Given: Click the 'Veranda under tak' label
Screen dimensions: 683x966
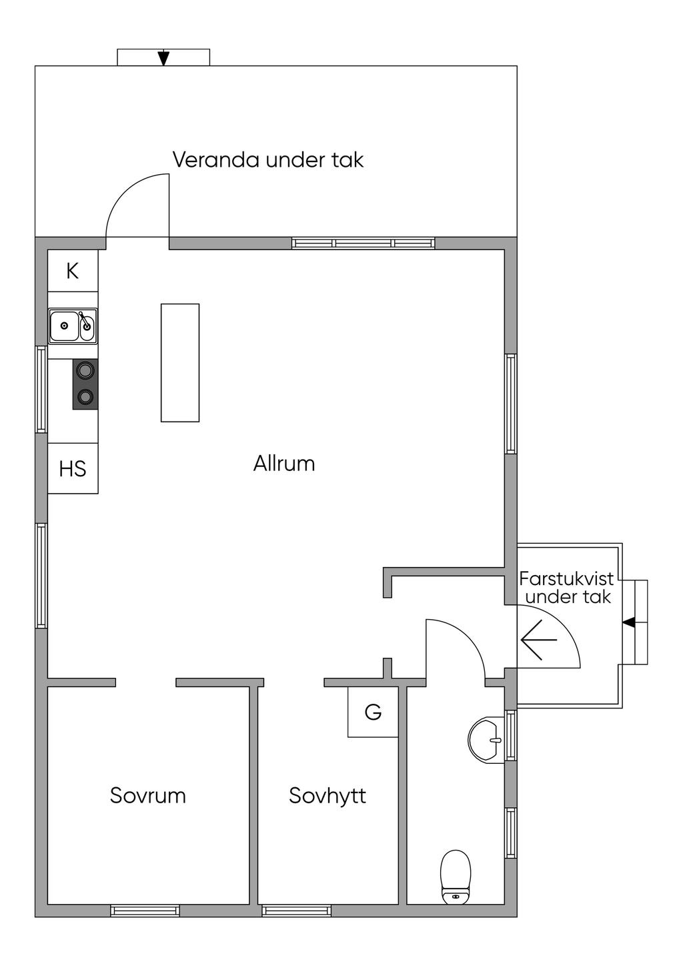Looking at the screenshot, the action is (x=267, y=159).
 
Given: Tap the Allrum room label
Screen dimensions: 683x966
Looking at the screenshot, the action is (x=284, y=464).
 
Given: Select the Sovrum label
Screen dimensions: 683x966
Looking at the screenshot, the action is (x=148, y=796).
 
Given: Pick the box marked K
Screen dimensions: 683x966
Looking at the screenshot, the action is (x=73, y=270).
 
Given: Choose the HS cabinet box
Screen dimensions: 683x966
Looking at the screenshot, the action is (x=73, y=468).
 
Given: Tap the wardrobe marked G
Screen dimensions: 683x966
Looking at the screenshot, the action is (x=373, y=712).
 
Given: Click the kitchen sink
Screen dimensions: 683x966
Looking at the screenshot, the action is (x=73, y=326).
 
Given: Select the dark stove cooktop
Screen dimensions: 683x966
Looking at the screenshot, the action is (x=85, y=384).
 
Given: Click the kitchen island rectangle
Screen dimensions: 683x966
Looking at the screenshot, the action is (x=180, y=363).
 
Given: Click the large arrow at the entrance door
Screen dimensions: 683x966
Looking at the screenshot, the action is (x=538, y=640).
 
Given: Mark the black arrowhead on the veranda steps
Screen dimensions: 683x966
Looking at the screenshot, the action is (x=163, y=58).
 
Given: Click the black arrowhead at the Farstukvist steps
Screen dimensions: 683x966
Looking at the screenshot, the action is (x=629, y=622).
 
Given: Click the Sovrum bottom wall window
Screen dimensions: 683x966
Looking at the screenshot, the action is (x=145, y=911).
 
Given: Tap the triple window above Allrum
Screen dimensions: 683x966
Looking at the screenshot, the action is (x=363, y=244).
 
